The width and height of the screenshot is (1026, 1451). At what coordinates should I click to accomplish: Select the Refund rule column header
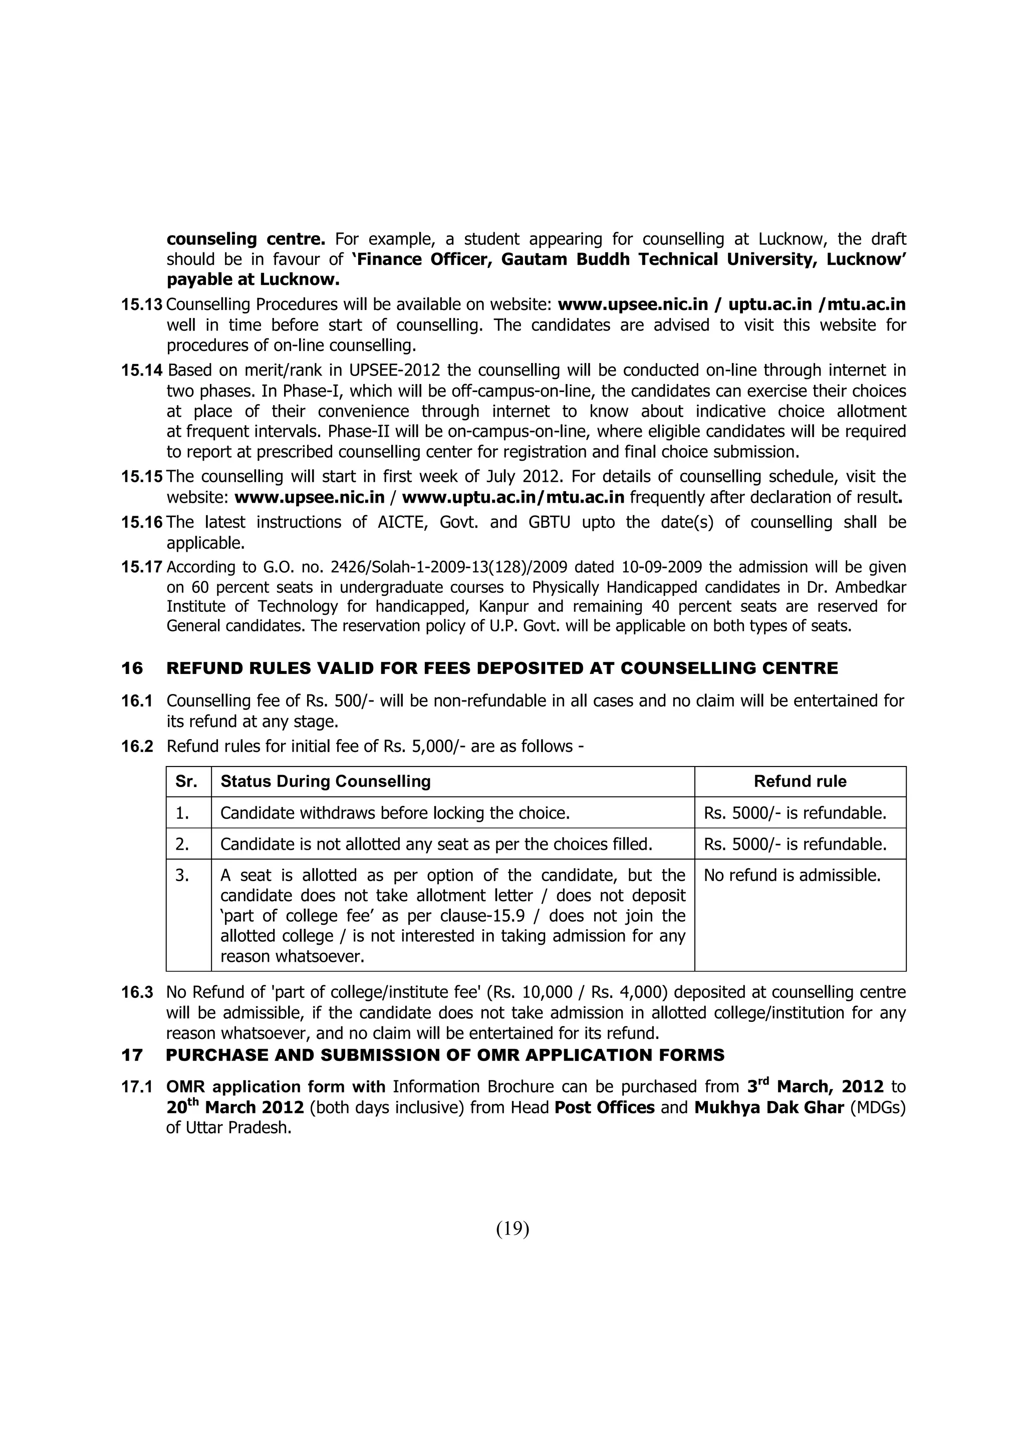coord(800,781)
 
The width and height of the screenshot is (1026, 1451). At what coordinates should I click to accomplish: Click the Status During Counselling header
coord(325,781)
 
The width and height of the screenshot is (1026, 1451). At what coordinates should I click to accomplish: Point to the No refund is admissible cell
coord(792,875)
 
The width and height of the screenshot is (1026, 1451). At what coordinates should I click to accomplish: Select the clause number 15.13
coord(142,304)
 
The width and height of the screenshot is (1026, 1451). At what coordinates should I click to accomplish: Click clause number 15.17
coord(142,567)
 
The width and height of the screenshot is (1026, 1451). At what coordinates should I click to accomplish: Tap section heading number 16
coord(132,668)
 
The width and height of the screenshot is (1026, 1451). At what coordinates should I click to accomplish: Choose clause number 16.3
coord(137,993)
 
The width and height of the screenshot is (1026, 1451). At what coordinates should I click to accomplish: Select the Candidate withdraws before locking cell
coord(394,813)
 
